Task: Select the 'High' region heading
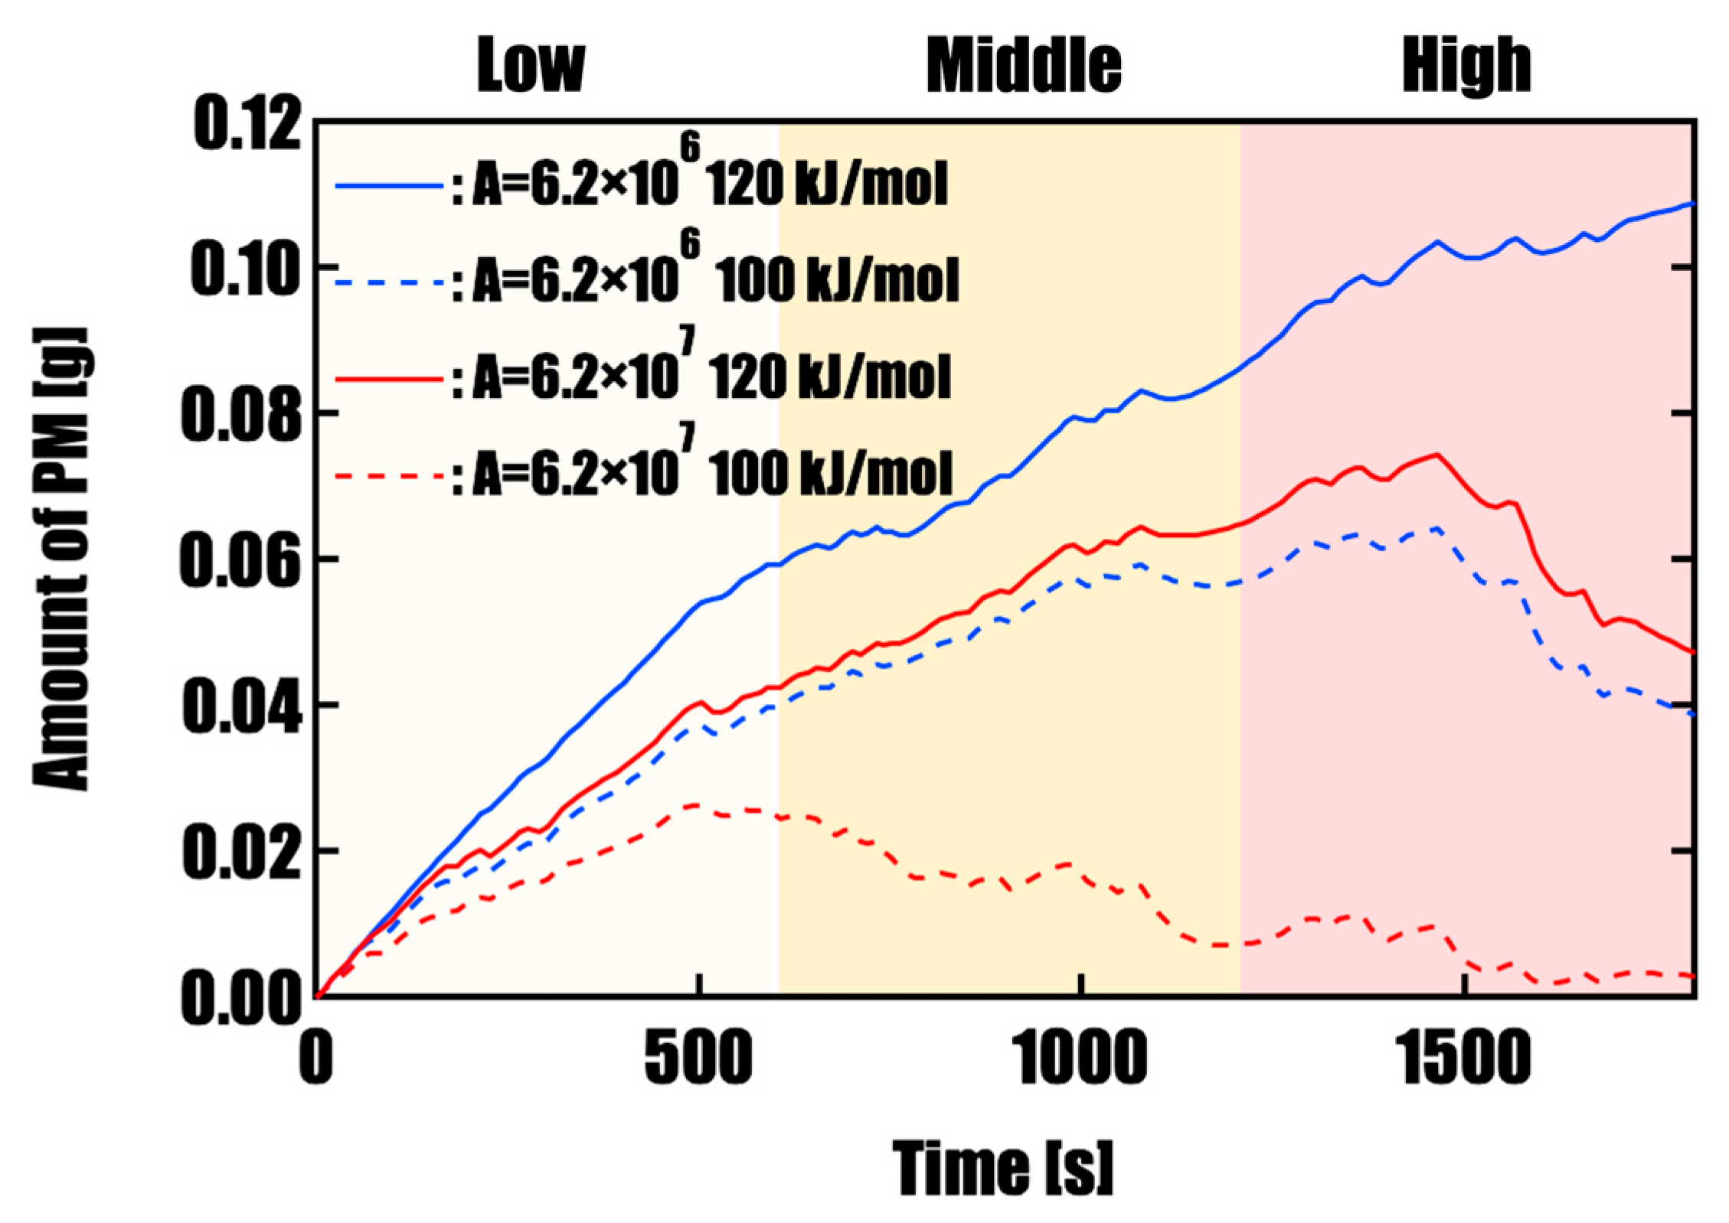(x=1466, y=67)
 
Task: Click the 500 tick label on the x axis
(x=697, y=1059)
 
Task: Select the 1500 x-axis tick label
(x=1466, y=1059)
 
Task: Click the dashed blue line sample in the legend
(x=389, y=282)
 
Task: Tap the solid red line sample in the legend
(x=389, y=379)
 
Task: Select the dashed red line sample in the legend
(x=389, y=475)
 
